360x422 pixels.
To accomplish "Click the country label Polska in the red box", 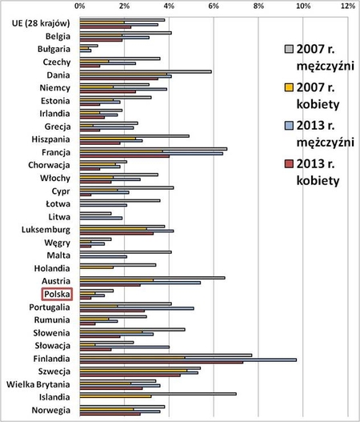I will coord(58,294).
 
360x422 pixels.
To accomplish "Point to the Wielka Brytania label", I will coord(41,384).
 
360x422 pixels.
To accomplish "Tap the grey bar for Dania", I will coord(145,70).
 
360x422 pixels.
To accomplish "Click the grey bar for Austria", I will coord(151,277).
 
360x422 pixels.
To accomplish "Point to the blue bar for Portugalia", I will coord(136,307).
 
